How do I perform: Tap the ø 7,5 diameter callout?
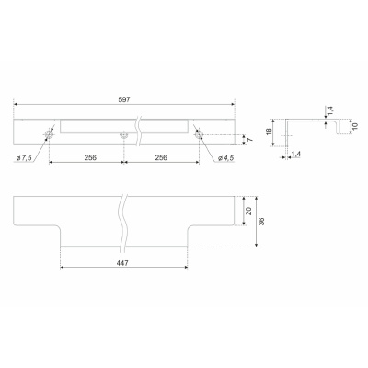tap(23, 158)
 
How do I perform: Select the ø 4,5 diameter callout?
tap(226, 158)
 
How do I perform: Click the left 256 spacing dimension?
tap(90, 157)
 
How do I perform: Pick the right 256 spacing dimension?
tap(161, 157)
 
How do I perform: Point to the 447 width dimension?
tap(122, 263)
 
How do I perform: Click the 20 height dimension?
tap(249, 211)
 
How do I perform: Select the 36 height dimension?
tap(261, 222)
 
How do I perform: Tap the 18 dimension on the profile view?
tap(270, 132)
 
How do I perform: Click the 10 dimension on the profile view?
tap(355, 126)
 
